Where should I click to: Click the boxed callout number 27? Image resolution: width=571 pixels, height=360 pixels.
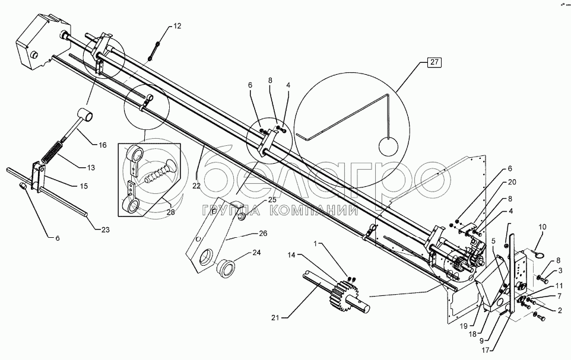[434, 62]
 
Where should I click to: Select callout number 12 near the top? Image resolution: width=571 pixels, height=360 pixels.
[177, 26]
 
